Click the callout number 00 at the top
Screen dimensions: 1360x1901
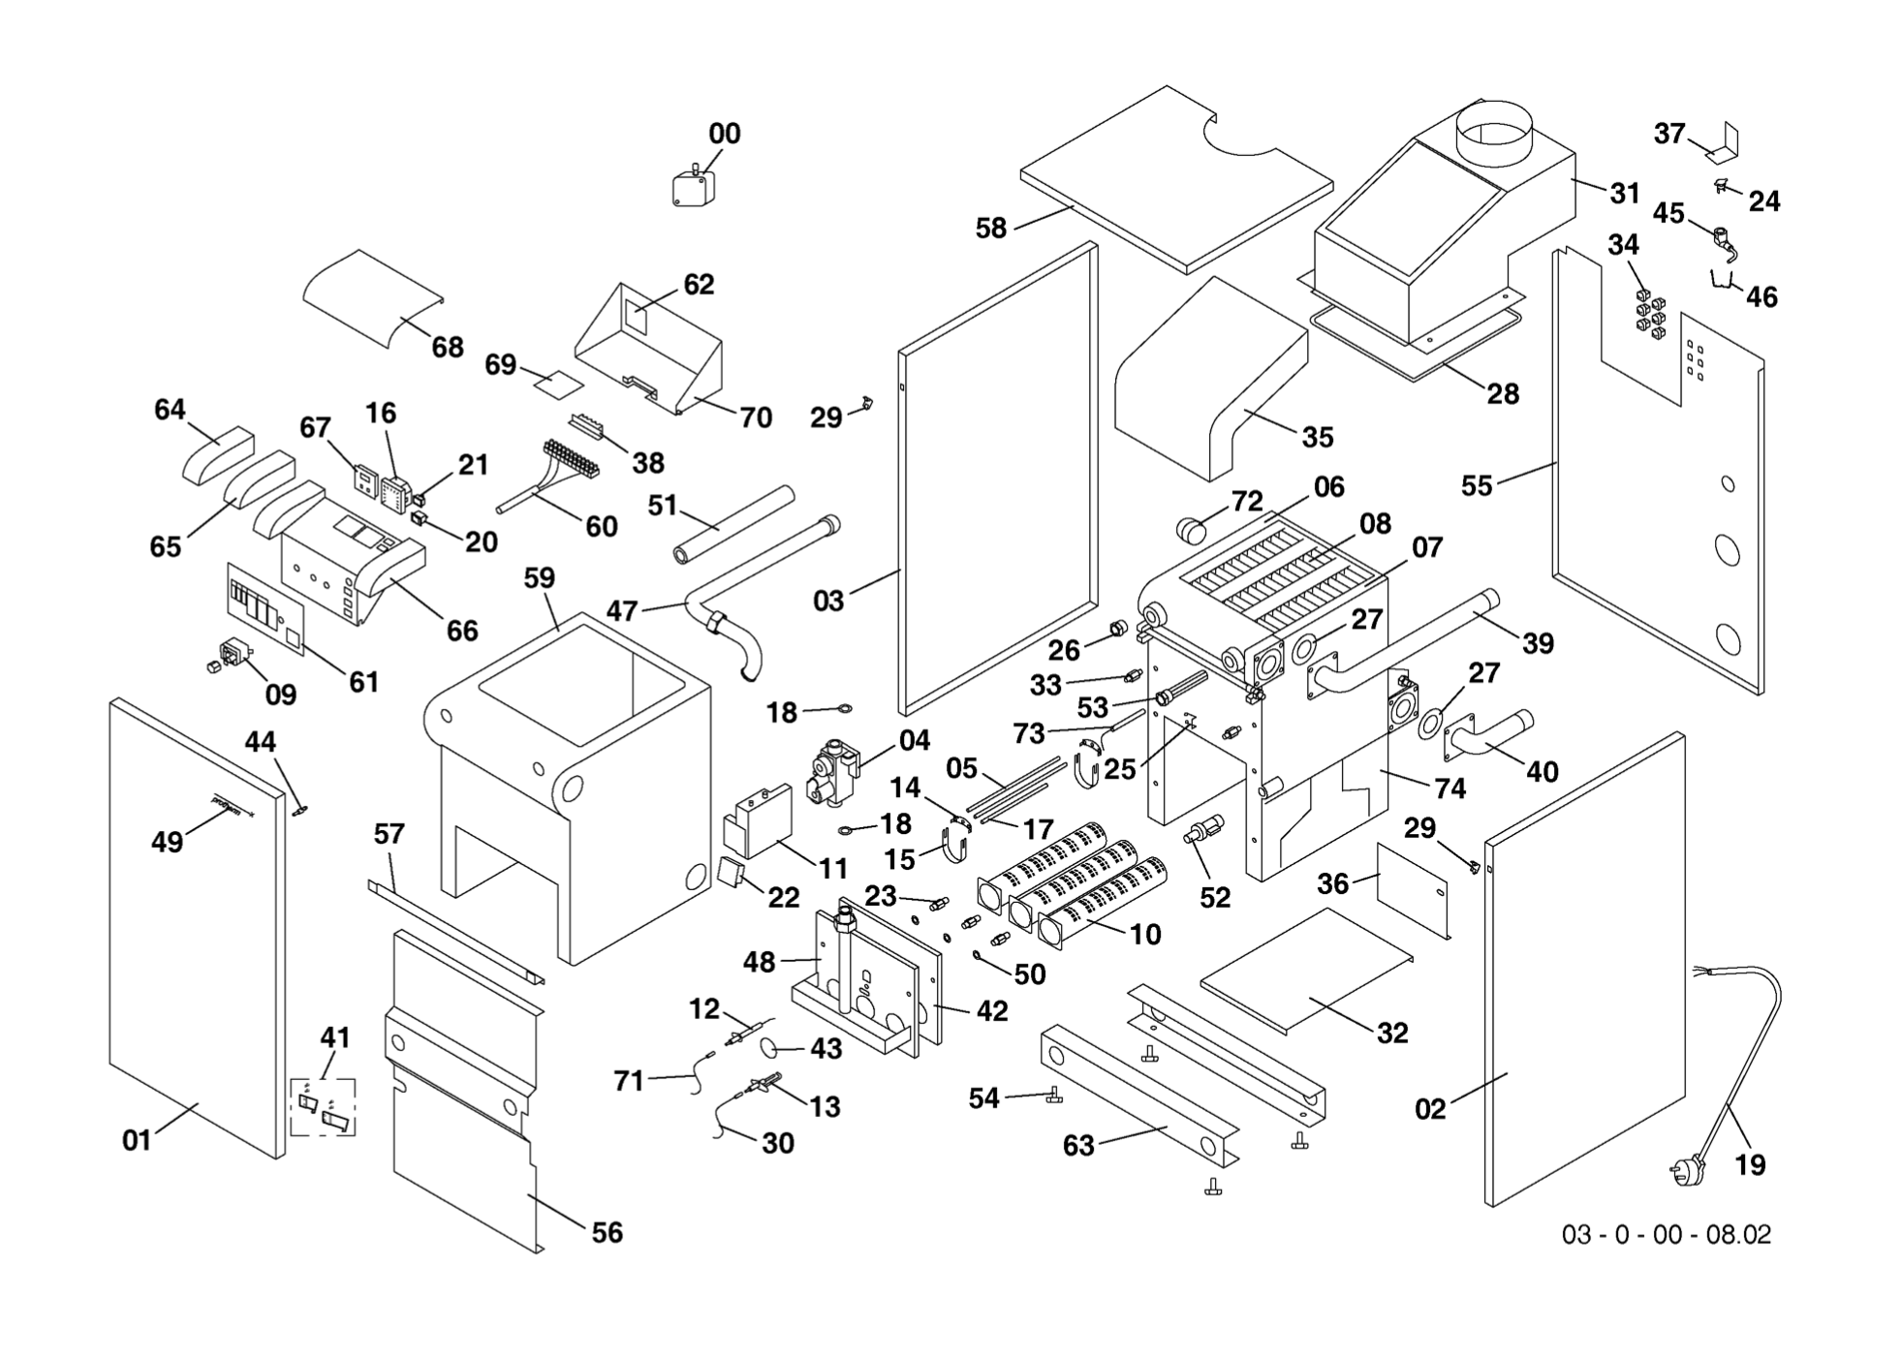724,134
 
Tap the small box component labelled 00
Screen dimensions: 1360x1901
693,188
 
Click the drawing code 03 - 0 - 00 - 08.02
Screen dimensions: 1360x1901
1666,1234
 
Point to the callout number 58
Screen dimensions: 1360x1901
990,229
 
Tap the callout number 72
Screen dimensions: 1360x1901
1247,501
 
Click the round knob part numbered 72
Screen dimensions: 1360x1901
1192,530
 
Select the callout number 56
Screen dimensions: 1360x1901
607,1232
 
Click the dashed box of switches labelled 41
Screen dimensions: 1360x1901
324,1106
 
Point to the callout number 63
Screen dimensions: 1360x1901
1077,1145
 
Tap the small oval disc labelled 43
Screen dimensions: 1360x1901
772,1047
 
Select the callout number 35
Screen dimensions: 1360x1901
1317,437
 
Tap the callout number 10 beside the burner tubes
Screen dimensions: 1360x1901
1144,934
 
